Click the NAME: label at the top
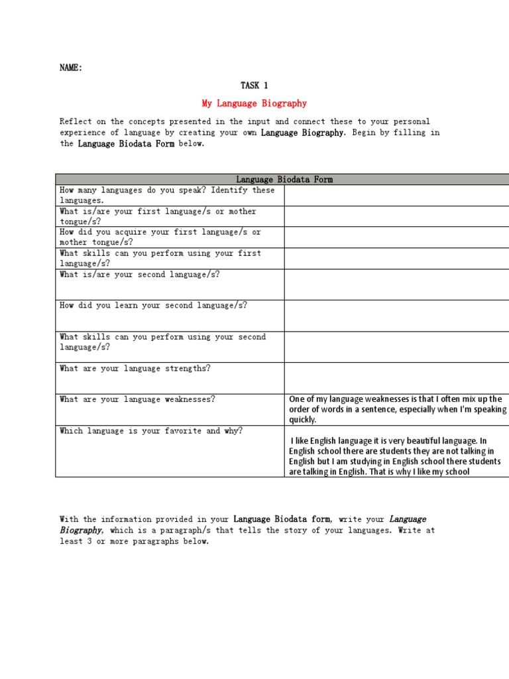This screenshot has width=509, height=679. coord(71,68)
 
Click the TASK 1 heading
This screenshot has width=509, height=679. coord(254,85)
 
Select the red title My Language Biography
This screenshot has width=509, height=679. coord(254,103)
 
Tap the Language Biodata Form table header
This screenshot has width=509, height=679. coord(284,179)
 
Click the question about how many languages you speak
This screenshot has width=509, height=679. coord(166,195)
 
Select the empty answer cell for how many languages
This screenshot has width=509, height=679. coord(396,195)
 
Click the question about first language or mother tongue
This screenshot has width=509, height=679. coord(158,216)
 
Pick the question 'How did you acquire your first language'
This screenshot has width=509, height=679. coord(160,237)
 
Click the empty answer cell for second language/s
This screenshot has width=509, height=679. coord(396,284)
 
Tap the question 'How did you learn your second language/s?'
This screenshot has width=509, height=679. coord(153,306)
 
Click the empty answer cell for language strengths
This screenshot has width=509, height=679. coord(396,378)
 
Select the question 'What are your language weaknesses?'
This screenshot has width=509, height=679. coord(137,399)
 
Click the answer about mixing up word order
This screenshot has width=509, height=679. coord(396,409)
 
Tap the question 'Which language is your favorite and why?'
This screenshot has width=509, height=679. coord(151,431)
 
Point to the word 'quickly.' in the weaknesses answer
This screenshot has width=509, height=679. coord(303,420)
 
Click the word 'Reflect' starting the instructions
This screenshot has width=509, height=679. coord(76,121)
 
